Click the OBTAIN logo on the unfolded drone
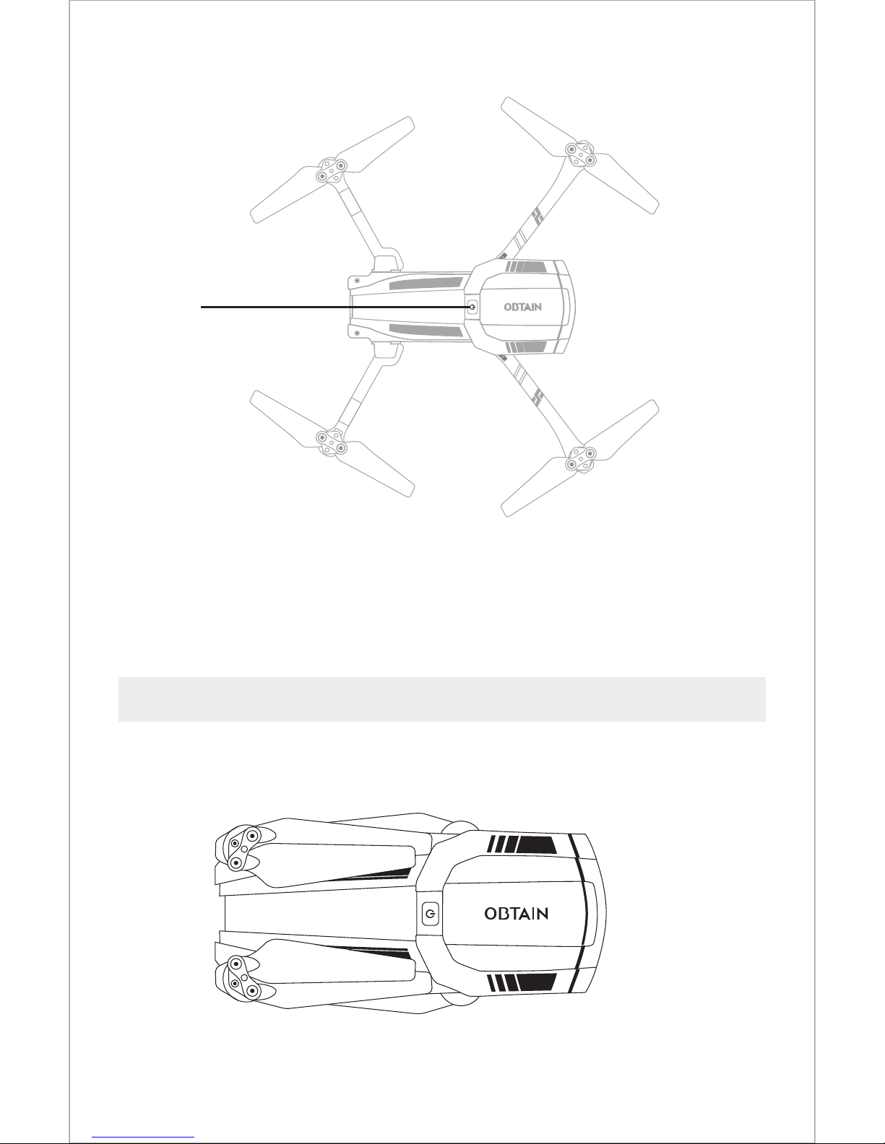pos(522,307)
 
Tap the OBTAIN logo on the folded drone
pos(517,914)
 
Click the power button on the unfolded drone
pos(472,307)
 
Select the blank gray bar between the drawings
pos(441,699)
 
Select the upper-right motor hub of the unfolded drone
pos(581,154)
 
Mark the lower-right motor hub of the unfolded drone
pos(581,459)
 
